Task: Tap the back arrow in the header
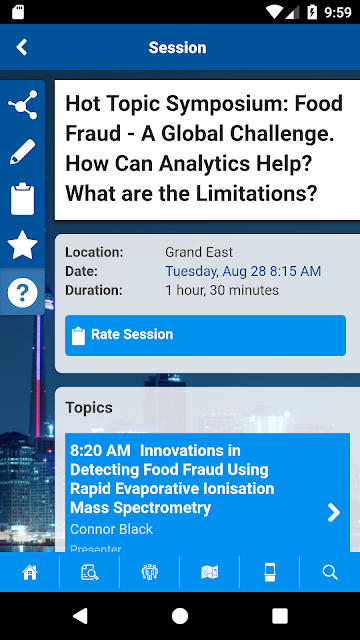[22, 47]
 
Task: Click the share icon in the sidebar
[23, 105]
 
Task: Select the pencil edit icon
[23, 152]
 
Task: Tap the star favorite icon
[22, 245]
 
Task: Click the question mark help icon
[22, 293]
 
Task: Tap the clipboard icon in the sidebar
[22, 199]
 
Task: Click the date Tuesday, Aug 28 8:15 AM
[243, 271]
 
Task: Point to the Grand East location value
[199, 252]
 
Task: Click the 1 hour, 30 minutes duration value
[222, 290]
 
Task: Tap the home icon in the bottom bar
[30, 572]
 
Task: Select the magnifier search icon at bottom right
[330, 572]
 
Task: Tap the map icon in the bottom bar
[210, 572]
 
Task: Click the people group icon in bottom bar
[150, 572]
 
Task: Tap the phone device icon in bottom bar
[270, 572]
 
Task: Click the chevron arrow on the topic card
[334, 513]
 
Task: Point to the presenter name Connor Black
[111, 529]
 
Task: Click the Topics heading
[89, 408]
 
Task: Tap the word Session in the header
[178, 47]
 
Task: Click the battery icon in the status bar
[312, 12]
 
